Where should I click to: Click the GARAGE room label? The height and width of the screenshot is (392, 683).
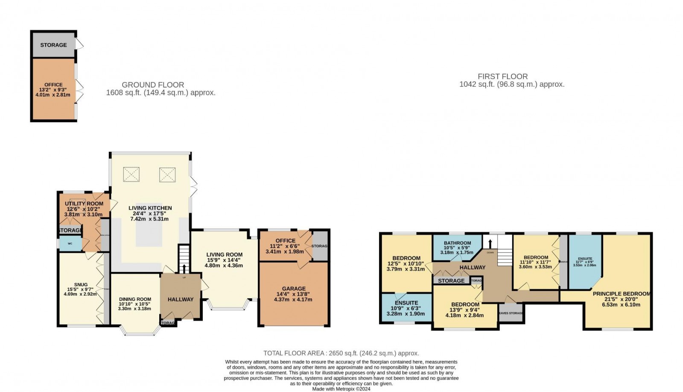[x=294, y=289]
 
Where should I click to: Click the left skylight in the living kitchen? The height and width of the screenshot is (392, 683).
[x=131, y=174]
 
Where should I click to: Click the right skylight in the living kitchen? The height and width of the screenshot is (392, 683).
[x=167, y=174]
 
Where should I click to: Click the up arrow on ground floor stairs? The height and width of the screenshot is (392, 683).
[x=184, y=268]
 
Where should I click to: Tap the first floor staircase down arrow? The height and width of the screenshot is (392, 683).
[x=490, y=244]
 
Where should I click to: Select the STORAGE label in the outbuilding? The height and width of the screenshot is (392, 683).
[x=53, y=45]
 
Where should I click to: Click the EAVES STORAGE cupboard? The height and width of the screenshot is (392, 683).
[x=511, y=313]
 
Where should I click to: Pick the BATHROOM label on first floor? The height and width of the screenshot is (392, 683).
[x=457, y=243]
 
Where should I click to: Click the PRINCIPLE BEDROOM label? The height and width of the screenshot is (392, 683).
[x=621, y=294]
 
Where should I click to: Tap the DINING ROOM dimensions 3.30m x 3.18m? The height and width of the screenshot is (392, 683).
[x=134, y=308]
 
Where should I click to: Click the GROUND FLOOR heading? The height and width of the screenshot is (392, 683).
[x=153, y=85]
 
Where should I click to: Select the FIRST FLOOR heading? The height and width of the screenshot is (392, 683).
[x=502, y=77]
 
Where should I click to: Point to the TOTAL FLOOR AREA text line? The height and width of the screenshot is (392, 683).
[x=341, y=353]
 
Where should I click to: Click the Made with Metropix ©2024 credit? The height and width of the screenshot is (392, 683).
[x=341, y=389]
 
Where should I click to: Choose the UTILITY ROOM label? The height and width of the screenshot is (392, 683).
[x=84, y=204]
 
